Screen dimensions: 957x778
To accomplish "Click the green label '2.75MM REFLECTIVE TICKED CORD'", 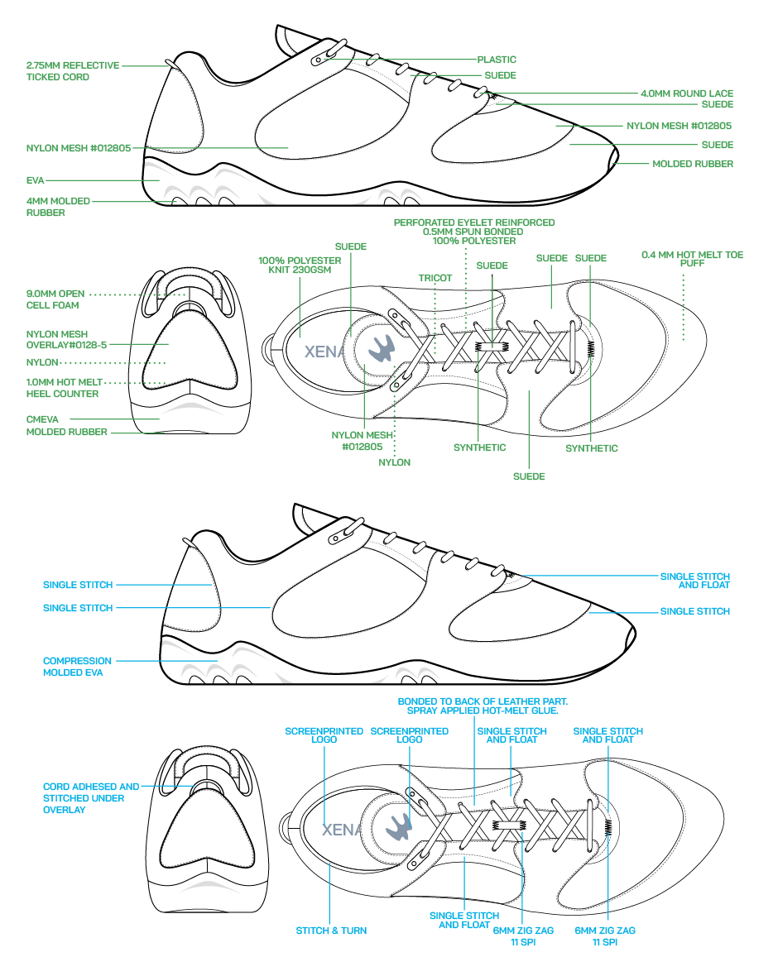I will [x=73, y=71].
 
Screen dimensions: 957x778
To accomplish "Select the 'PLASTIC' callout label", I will [x=497, y=60].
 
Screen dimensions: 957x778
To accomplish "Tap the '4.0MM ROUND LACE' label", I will [x=686, y=93].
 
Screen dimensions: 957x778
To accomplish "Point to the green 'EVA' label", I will [x=35, y=179].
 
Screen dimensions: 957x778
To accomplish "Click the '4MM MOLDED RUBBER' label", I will [x=57, y=207].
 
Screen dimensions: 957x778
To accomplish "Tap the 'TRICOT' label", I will [x=435, y=278].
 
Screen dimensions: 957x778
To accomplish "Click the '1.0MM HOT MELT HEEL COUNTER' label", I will [x=64, y=388].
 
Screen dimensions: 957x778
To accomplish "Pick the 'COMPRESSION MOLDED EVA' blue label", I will [x=77, y=667].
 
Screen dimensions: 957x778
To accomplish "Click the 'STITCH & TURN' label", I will [x=331, y=931].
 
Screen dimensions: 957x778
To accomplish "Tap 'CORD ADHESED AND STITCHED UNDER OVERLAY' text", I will [x=91, y=798].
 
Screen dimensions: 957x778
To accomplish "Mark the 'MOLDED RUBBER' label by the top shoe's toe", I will [x=693, y=164].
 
